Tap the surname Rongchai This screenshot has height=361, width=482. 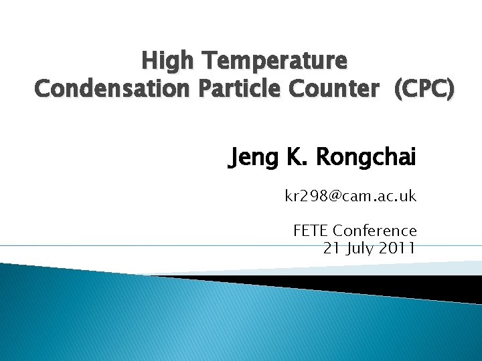pos(366,158)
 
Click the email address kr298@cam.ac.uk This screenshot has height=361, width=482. pos(350,197)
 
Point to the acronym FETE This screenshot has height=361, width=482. pos(311,231)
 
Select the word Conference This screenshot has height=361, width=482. pos(375,231)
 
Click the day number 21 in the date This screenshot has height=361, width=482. pos(331,248)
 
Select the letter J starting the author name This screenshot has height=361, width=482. pos(234,159)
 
